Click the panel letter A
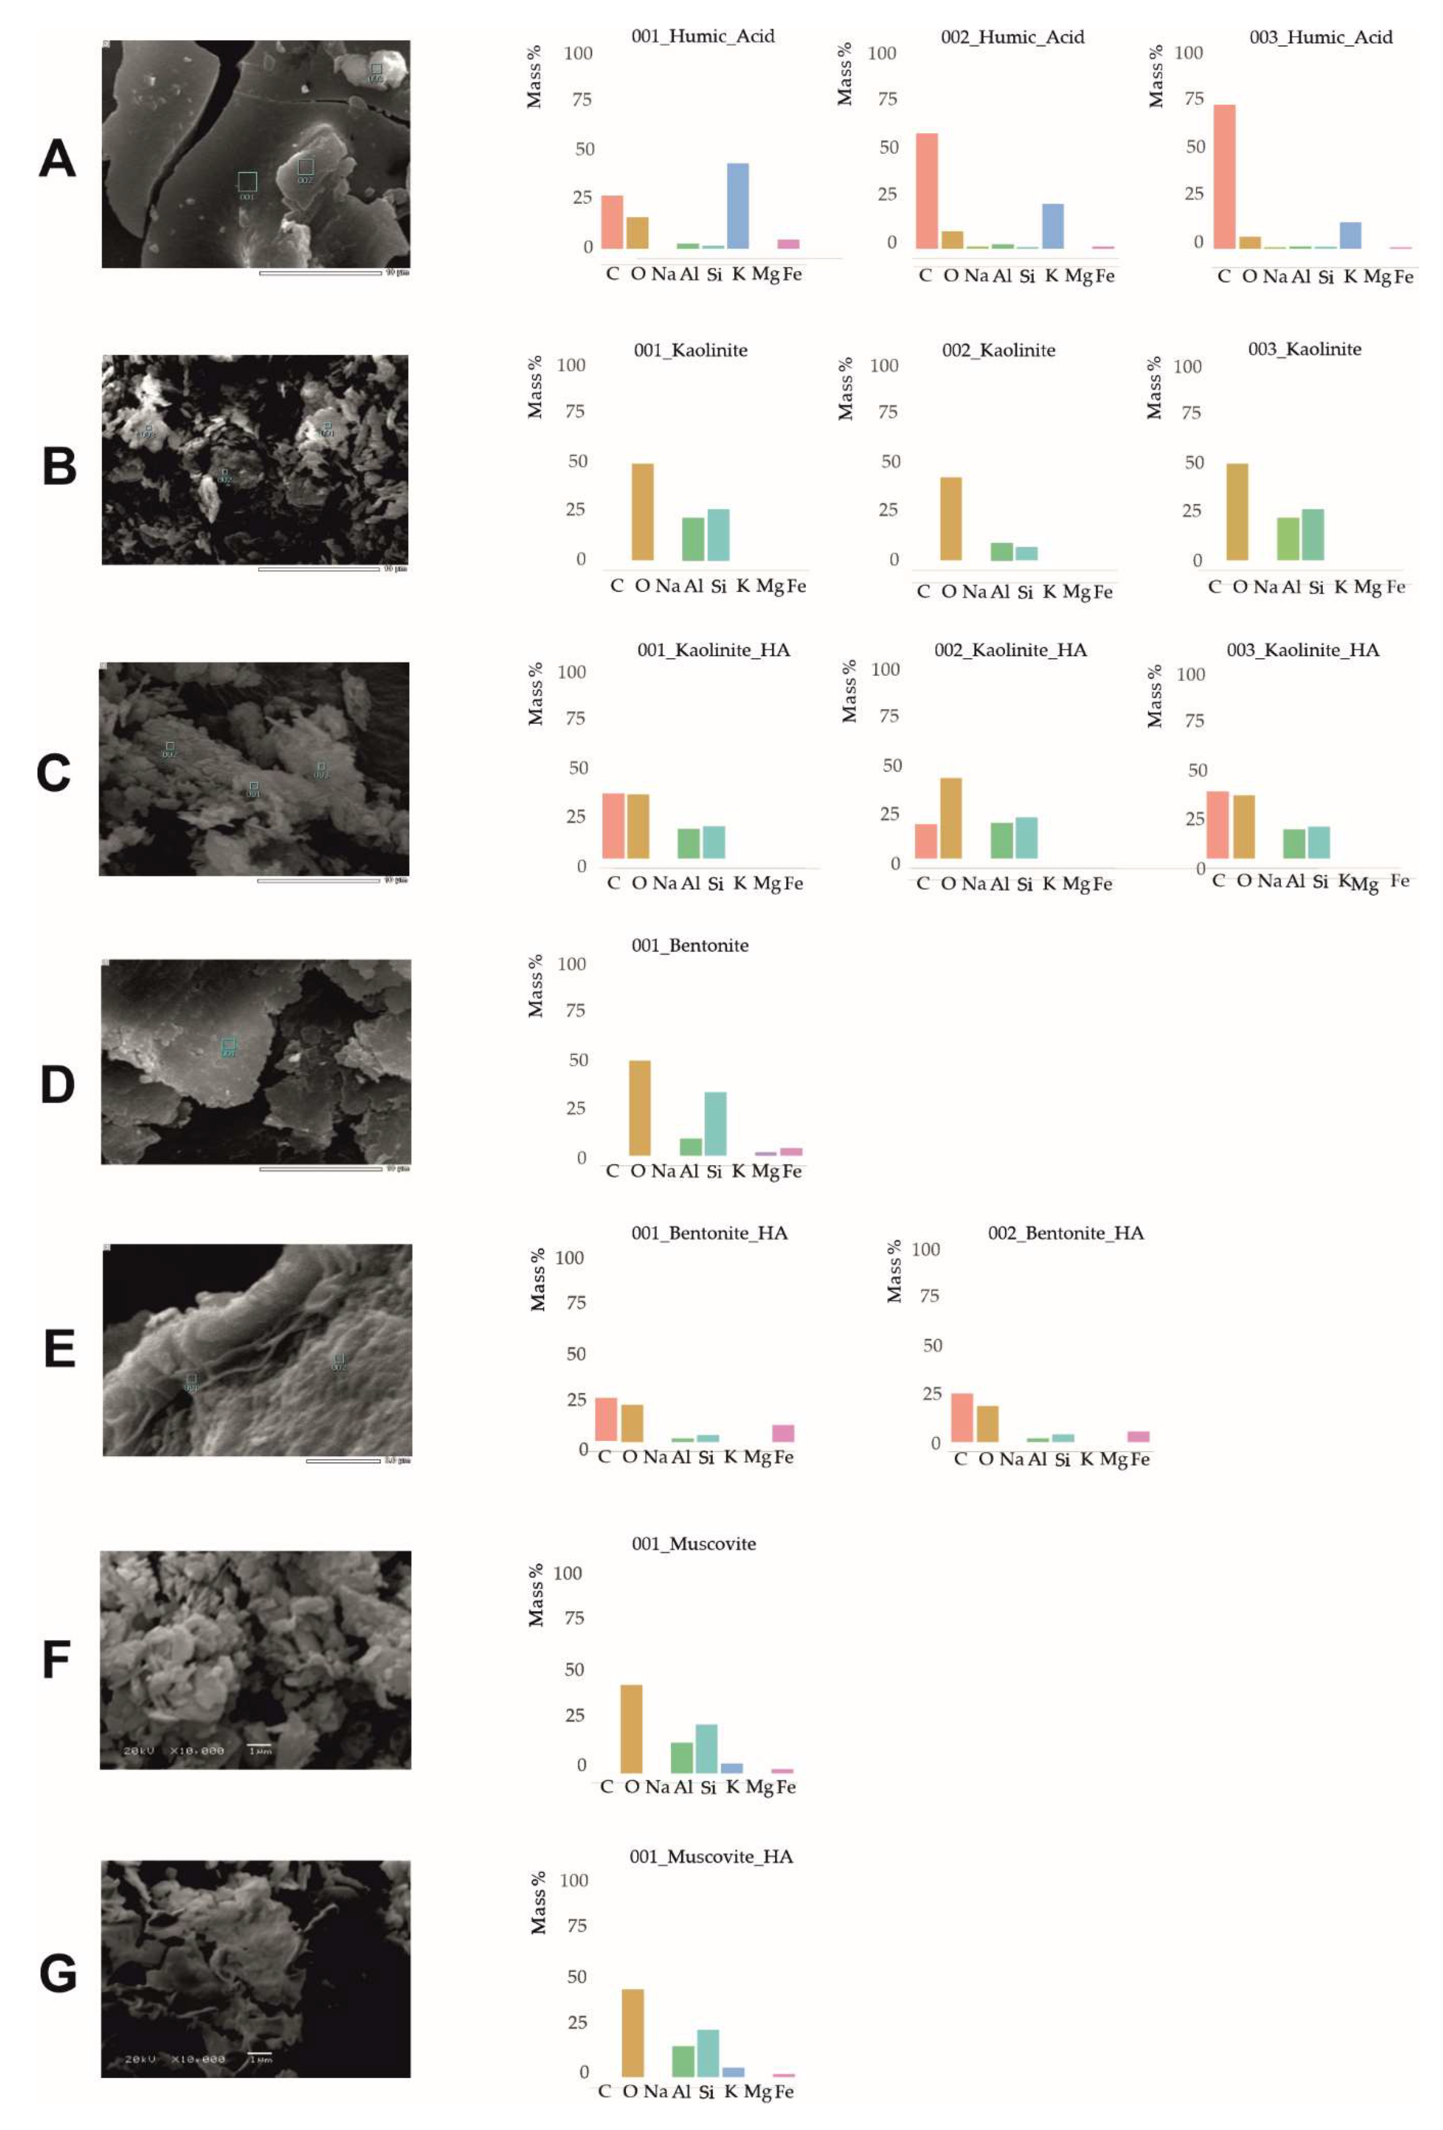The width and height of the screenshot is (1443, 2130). point(57,159)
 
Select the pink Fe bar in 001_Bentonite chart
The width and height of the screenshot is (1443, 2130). point(790,1151)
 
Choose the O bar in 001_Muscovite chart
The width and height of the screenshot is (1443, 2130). point(631,1728)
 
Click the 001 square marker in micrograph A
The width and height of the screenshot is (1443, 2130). point(247,181)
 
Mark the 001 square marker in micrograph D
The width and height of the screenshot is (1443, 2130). point(228,1045)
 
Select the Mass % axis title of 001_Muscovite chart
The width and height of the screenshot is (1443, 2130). point(536,1596)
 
